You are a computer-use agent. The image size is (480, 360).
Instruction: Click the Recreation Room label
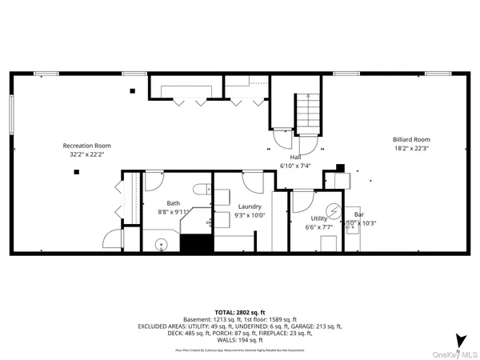(86, 146)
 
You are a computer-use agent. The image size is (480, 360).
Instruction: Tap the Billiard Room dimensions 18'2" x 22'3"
(411, 148)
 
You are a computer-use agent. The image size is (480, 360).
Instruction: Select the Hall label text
(306, 157)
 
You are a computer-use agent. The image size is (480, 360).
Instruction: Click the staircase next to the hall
(306, 111)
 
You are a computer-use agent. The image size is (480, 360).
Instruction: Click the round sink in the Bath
(160, 244)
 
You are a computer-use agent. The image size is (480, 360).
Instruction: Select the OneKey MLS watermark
(457, 353)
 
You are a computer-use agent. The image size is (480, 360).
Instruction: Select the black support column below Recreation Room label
(77, 172)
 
